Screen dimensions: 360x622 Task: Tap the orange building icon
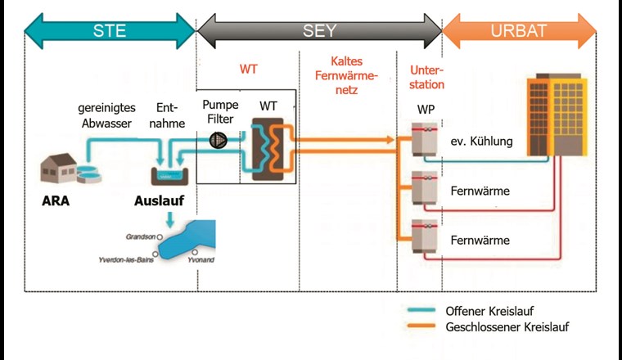pyautogui.click(x=557, y=115)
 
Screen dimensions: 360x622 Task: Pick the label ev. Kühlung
pyautogui.click(x=481, y=142)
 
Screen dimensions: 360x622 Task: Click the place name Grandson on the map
pyautogui.click(x=141, y=236)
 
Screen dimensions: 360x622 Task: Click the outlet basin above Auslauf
pyautogui.click(x=169, y=173)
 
